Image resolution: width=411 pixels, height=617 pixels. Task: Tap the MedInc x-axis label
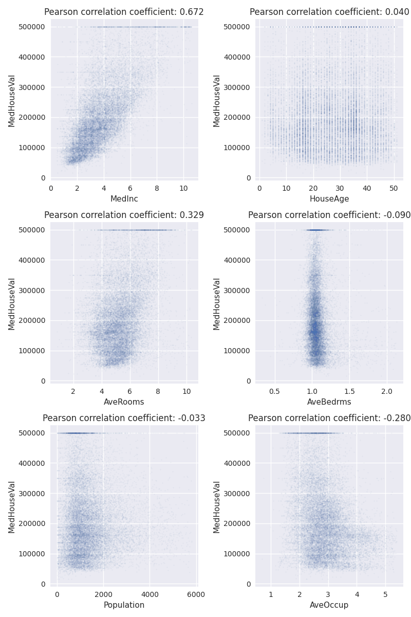click(124, 199)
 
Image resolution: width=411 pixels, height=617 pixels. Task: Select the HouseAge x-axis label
click(329, 199)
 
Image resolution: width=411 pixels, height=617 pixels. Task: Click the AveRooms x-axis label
click(124, 402)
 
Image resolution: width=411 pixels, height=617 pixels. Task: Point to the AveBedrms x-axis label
click(329, 402)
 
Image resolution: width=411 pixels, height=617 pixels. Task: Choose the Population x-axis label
click(124, 605)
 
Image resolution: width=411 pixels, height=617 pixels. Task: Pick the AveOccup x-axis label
click(329, 605)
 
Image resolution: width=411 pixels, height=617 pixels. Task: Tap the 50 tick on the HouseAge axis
click(394, 188)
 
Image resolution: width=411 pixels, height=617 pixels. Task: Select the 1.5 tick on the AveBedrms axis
click(349, 391)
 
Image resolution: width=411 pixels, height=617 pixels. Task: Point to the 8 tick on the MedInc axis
click(157, 188)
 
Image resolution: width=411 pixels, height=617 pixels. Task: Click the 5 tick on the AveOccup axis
click(385, 594)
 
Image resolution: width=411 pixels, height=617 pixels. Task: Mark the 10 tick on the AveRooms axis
click(186, 391)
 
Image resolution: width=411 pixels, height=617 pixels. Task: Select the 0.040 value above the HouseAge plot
click(398, 12)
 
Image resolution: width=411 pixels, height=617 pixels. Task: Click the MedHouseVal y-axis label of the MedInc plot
click(11, 101)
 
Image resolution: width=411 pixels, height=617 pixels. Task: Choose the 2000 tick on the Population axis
click(103, 594)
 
